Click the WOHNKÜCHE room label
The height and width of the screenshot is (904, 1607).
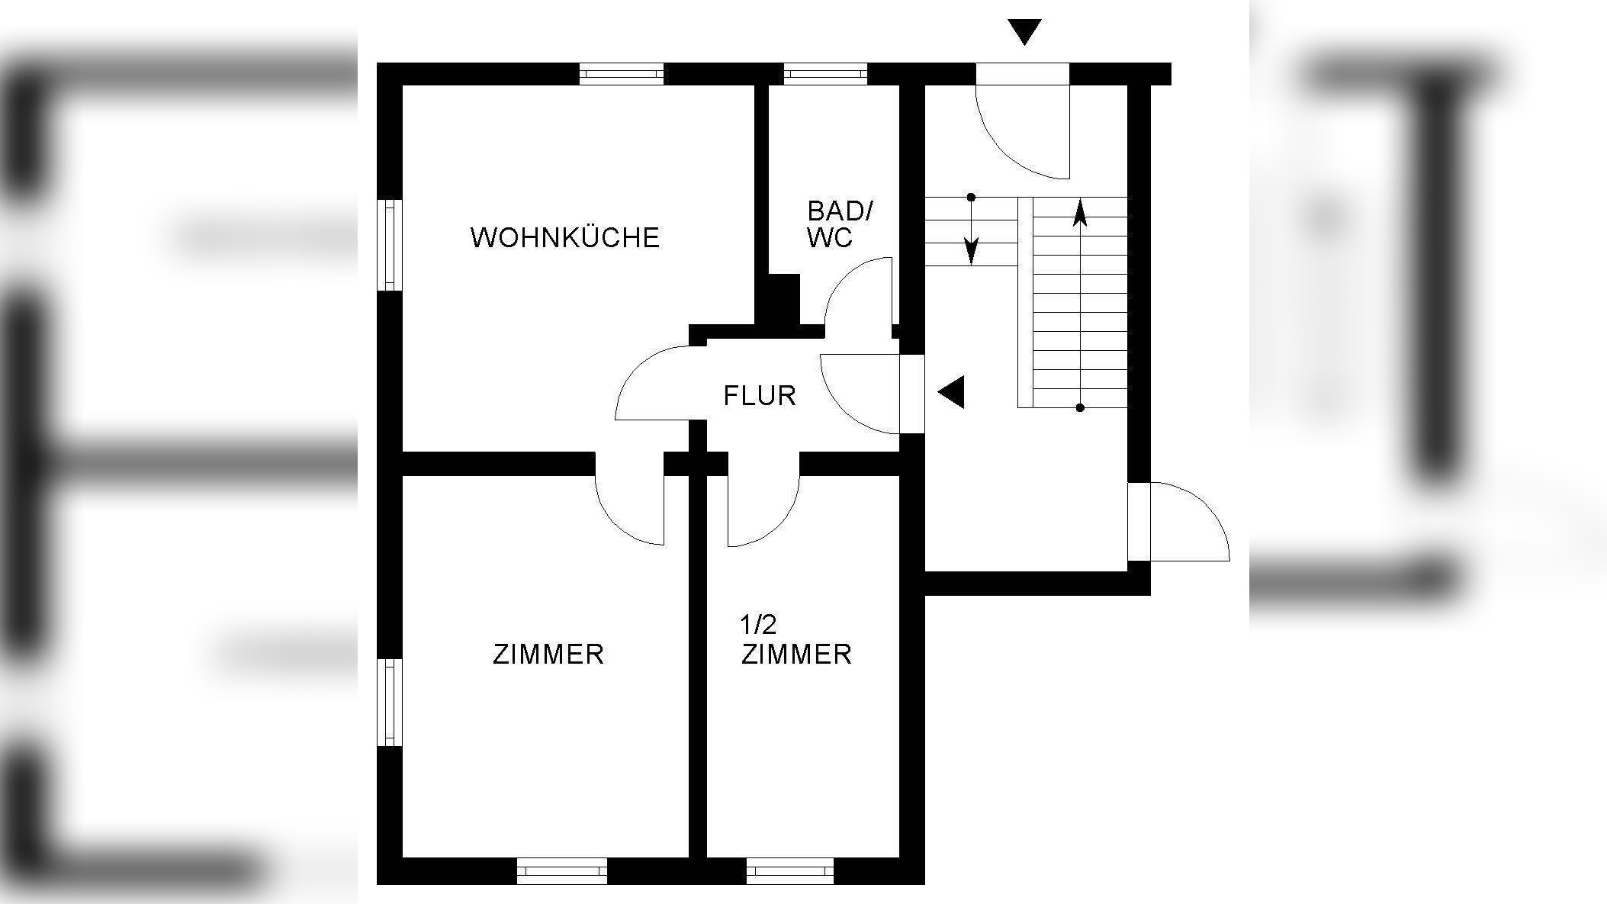[564, 237]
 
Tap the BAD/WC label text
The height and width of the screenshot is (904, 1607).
[840, 224]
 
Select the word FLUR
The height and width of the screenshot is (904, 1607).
[760, 395]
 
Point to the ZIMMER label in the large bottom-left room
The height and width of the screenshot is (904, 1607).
[548, 654]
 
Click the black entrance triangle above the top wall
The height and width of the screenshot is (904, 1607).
[1024, 31]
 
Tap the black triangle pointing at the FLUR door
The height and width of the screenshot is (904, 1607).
[953, 393]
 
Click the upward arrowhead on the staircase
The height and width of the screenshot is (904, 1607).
[1080, 213]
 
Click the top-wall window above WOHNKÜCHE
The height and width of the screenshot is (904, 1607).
[621, 73]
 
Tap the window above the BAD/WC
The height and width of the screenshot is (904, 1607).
[825, 73]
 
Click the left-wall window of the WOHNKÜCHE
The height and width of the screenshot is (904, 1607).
[389, 245]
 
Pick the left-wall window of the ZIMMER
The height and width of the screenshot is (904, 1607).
[389, 703]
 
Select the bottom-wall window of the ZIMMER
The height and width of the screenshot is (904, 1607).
[562, 870]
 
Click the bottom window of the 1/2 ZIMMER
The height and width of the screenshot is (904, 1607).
[789, 870]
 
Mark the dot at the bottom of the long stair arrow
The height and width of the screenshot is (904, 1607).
[1080, 408]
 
